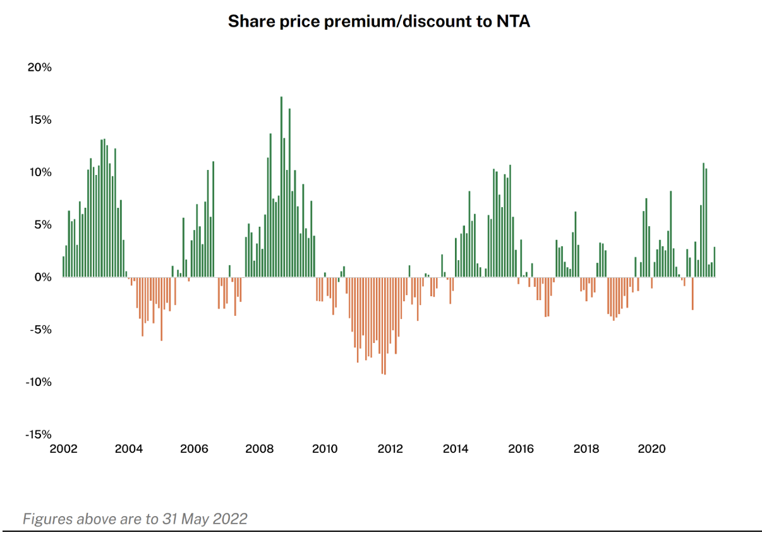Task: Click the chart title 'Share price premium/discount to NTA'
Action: (378, 21)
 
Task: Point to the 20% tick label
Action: (39, 68)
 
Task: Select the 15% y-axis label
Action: (39, 120)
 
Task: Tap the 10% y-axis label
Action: (39, 172)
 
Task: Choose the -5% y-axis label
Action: (39, 330)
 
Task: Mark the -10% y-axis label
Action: (38, 382)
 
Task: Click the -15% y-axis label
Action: (38, 435)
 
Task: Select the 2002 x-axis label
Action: (63, 449)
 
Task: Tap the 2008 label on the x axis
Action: (259, 449)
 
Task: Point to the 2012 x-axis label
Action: (390, 449)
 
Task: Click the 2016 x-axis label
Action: (521, 449)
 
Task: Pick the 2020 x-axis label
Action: (651, 449)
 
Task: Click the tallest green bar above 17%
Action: (281, 187)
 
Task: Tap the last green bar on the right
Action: (714, 262)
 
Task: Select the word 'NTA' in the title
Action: (513, 21)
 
